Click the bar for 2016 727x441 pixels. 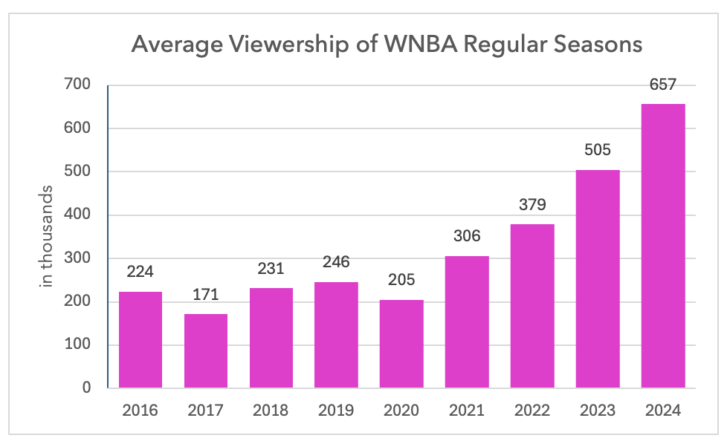(140, 339)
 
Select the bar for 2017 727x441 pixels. (206, 350)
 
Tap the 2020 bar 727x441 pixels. (401, 344)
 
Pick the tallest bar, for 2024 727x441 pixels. (662, 246)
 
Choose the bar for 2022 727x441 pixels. (532, 306)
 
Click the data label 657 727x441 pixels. (662, 85)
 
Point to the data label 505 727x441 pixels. (597, 151)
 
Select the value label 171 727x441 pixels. (206, 295)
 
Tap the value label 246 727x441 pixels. (336, 263)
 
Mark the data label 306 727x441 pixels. (467, 237)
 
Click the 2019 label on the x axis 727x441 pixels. (336, 411)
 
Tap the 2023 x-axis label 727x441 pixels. (597, 411)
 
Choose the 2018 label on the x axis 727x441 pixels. (271, 411)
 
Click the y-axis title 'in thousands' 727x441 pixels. (47, 237)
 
